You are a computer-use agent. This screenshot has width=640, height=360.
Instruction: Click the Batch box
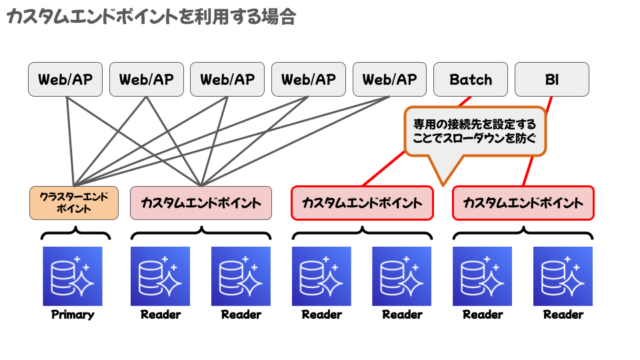[x=470, y=79]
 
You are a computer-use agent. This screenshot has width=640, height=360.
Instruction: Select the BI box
[x=552, y=79]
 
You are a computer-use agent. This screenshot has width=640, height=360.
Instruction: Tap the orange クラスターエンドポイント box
[x=74, y=203]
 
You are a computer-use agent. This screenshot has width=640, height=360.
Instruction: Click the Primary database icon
[x=73, y=276]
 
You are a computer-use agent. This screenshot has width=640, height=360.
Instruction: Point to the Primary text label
[x=73, y=315]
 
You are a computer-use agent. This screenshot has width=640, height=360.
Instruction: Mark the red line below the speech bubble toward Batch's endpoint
[x=383, y=169]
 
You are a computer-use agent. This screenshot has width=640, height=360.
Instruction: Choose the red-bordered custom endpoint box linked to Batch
[x=362, y=203]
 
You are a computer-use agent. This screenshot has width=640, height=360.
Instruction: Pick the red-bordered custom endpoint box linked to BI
[x=523, y=203]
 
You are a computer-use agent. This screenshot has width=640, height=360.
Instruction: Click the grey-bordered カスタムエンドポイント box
[x=201, y=203]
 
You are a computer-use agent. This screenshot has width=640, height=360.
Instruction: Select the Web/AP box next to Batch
[x=389, y=79]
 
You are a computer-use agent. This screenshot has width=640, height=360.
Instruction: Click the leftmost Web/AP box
[x=65, y=79]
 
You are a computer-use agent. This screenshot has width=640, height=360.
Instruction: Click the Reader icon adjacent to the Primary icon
[x=160, y=276]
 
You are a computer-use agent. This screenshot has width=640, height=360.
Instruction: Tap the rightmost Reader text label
[x=563, y=315]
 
